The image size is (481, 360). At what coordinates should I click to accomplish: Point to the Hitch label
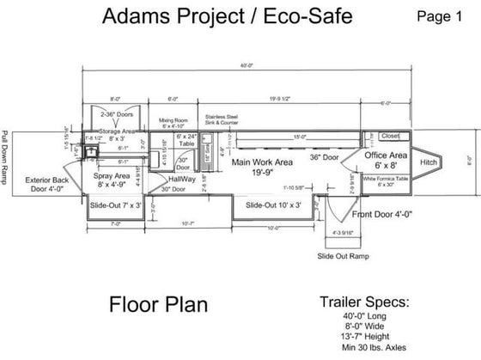[x=429, y=161]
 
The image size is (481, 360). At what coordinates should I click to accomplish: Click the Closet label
[x=390, y=136]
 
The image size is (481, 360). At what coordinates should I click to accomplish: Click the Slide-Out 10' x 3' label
[x=272, y=205]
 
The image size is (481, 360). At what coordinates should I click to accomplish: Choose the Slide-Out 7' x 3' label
[x=113, y=205]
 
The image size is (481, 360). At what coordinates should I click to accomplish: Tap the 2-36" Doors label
[x=113, y=113]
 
